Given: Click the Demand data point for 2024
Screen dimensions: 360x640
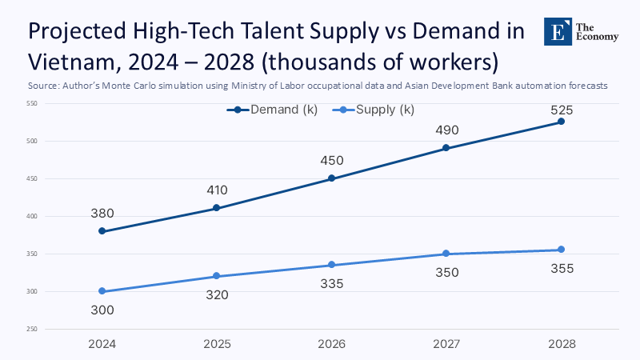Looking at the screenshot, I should [102, 231].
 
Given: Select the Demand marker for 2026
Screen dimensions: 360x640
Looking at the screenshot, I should [332, 178].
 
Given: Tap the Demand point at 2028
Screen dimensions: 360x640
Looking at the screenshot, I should [561, 122].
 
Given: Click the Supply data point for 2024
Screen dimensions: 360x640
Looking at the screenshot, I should [102, 291].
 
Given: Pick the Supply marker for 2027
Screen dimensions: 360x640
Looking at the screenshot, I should [446, 254].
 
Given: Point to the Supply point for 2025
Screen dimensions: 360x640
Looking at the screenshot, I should [217, 276].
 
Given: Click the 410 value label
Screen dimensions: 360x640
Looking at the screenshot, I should [217, 190].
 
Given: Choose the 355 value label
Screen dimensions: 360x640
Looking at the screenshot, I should [561, 269].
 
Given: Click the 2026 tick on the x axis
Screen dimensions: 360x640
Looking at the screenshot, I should [332, 343].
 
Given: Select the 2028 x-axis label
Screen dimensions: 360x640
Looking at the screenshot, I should [561, 343].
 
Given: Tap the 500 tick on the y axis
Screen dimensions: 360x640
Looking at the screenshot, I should [32, 141].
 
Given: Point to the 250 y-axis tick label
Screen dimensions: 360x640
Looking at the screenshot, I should [32, 329].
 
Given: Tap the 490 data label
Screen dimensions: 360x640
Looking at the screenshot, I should [446, 130].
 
